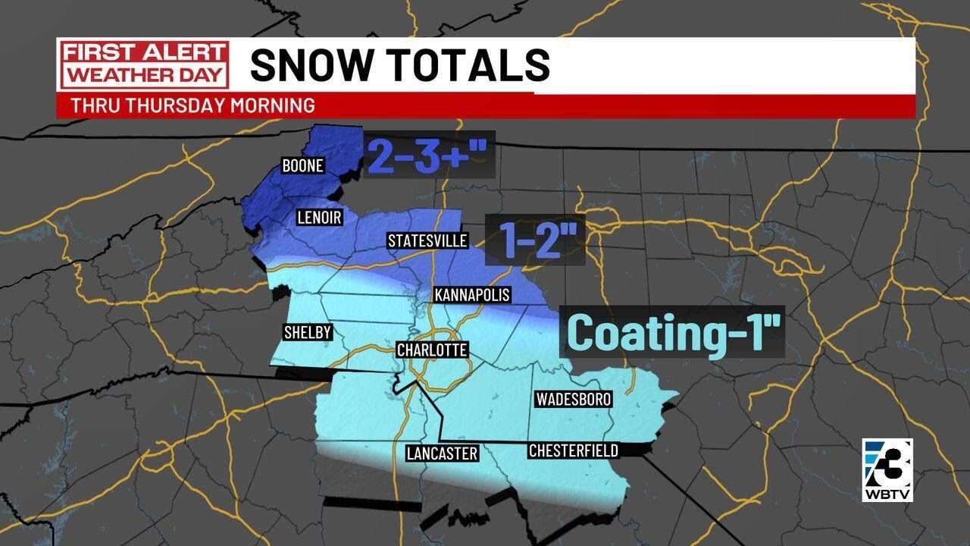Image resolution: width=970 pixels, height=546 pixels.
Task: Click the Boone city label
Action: (x=303, y=165)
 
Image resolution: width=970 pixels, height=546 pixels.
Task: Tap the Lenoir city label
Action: (x=318, y=218)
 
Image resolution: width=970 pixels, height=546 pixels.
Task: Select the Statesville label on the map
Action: (x=427, y=241)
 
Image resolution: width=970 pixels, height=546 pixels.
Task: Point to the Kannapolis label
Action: (x=471, y=295)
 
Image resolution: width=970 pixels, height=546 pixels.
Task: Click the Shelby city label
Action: (x=307, y=332)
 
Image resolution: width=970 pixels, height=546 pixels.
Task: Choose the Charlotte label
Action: (x=432, y=350)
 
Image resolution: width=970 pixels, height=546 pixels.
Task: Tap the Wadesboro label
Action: (x=573, y=399)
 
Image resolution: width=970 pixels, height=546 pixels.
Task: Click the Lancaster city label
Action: (x=442, y=453)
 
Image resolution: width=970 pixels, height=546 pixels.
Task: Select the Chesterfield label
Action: (x=574, y=451)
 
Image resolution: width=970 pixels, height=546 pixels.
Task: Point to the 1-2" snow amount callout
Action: (x=535, y=239)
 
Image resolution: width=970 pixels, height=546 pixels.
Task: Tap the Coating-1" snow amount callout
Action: (x=672, y=331)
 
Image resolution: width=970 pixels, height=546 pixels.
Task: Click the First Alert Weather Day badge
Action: (x=144, y=64)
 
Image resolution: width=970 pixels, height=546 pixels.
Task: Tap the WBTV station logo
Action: (x=887, y=470)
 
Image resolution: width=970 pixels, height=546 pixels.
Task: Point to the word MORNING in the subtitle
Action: (x=275, y=105)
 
